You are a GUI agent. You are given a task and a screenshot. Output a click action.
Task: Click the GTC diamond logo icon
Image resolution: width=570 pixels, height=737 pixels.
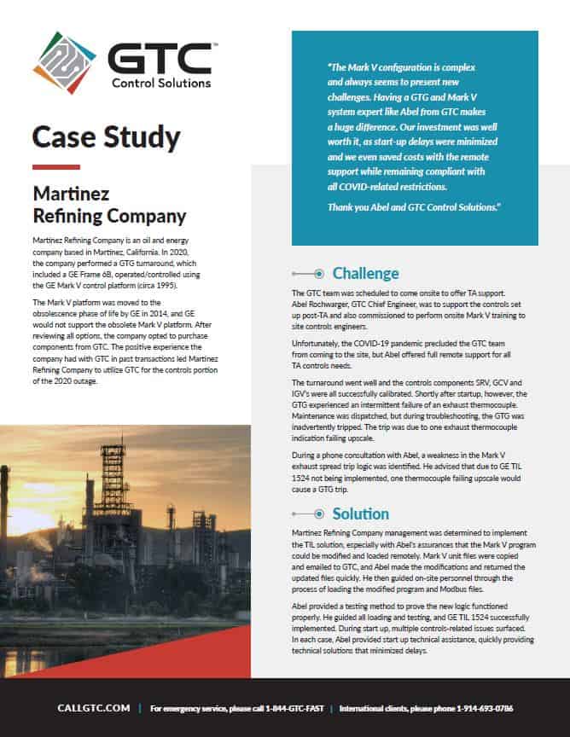point(64,62)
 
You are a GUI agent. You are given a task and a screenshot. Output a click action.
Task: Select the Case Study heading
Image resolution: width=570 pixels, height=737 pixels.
point(106,136)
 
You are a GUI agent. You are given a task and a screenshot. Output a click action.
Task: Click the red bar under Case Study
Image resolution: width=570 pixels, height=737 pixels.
point(55,166)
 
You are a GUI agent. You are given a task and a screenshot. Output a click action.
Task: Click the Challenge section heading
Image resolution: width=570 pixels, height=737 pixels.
point(365,273)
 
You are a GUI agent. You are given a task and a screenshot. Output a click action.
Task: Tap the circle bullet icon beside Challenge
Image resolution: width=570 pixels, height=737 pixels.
point(317,274)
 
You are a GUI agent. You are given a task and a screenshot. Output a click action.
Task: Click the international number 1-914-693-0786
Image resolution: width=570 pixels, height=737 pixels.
point(479,709)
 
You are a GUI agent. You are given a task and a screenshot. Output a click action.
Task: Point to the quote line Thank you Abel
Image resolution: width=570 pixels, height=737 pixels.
point(414,207)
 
